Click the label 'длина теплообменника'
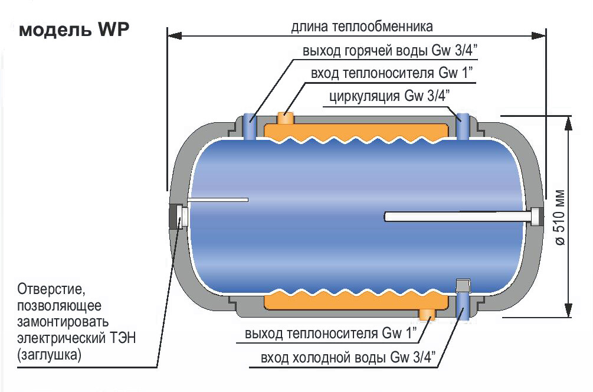(362, 27)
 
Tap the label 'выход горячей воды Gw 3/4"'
(389, 51)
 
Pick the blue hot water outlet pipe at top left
(250, 126)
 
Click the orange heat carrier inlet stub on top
(287, 119)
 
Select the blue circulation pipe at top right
(464, 126)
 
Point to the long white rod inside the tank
(454, 217)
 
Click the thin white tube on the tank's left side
(218, 200)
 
